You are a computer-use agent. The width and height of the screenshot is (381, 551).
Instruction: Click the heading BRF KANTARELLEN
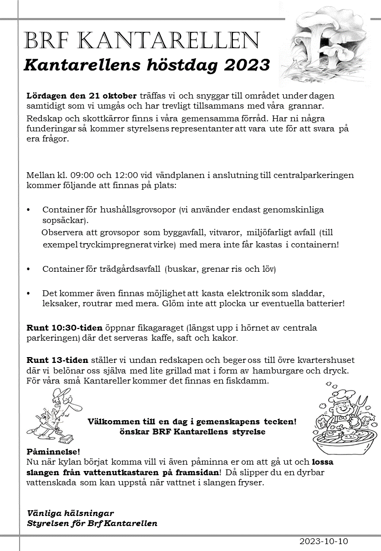142,40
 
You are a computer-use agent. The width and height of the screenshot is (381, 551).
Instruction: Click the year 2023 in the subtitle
247,65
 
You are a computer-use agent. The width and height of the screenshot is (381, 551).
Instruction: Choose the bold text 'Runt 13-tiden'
58,360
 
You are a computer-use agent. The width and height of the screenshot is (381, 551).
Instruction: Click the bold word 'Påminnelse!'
53,451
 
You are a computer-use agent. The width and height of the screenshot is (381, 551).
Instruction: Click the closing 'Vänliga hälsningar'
70,513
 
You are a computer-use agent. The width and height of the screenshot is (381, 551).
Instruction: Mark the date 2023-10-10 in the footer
324,541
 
